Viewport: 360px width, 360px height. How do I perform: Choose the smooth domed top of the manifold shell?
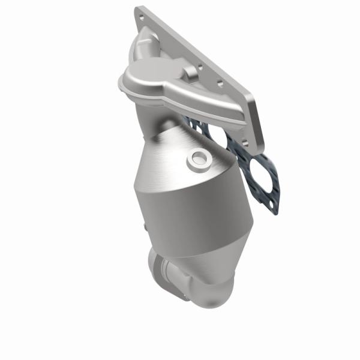(150, 75)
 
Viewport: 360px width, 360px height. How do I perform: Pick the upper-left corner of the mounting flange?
(139, 10)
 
